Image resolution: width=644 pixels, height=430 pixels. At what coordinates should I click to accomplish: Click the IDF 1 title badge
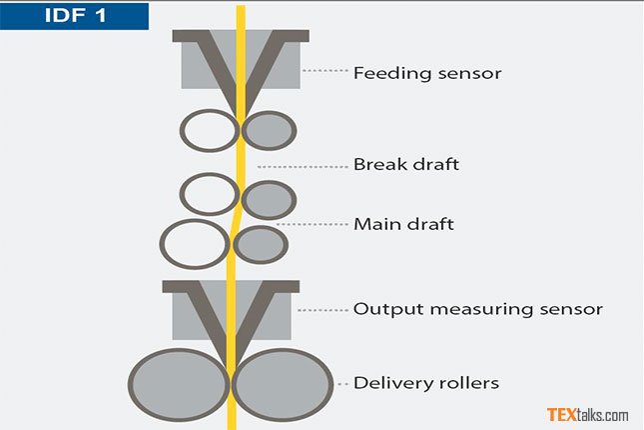(75, 16)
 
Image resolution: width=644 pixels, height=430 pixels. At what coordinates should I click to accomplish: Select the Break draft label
(406, 164)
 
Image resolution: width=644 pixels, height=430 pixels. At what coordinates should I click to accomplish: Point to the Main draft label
(403, 224)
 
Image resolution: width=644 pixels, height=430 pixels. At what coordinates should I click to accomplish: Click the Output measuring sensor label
(477, 309)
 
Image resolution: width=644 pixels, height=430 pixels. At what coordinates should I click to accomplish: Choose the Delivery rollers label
(426, 383)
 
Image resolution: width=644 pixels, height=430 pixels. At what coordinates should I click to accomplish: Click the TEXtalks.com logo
(587, 414)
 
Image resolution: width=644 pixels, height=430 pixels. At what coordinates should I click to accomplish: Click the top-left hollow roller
(208, 130)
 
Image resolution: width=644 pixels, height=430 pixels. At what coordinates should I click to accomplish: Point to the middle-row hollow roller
(209, 194)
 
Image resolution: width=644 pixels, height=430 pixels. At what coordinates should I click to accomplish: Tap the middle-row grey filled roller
(268, 199)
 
